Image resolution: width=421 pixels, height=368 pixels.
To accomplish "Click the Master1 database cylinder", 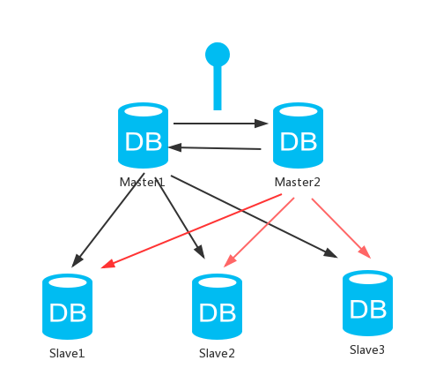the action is click(x=143, y=135).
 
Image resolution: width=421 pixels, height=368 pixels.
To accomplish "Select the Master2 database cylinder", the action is click(x=298, y=135).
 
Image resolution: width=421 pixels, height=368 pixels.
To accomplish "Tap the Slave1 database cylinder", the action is click(x=67, y=306).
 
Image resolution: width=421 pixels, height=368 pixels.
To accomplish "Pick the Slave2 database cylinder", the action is click(x=217, y=306).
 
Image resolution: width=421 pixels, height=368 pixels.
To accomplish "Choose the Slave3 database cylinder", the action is click(x=367, y=303).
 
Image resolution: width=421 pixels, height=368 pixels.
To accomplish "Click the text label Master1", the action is click(x=142, y=182).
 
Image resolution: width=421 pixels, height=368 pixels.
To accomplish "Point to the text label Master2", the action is click(x=297, y=182).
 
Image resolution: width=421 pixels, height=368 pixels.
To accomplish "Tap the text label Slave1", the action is click(x=67, y=353).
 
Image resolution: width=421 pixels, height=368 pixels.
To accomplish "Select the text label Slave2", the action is click(x=217, y=353).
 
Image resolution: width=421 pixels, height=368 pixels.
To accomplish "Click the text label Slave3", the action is click(x=367, y=349).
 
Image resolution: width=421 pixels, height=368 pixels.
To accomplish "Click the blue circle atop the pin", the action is click(x=218, y=55).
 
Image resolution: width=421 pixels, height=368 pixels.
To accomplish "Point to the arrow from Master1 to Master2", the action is click(x=221, y=124).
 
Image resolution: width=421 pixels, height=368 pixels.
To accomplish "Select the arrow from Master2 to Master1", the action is click(x=215, y=148).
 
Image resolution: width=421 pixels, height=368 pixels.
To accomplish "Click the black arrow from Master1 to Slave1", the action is click(x=108, y=220).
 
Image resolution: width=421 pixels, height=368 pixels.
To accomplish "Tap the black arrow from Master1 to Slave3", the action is click(x=255, y=216).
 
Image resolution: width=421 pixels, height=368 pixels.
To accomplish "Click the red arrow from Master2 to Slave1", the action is click(x=191, y=231).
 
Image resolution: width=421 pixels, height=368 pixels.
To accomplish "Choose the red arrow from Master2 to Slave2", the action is click(x=259, y=232).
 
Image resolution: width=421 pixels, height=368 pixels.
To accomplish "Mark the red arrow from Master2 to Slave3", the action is click(x=341, y=229).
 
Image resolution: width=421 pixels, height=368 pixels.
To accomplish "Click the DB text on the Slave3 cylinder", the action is click(x=367, y=309).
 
